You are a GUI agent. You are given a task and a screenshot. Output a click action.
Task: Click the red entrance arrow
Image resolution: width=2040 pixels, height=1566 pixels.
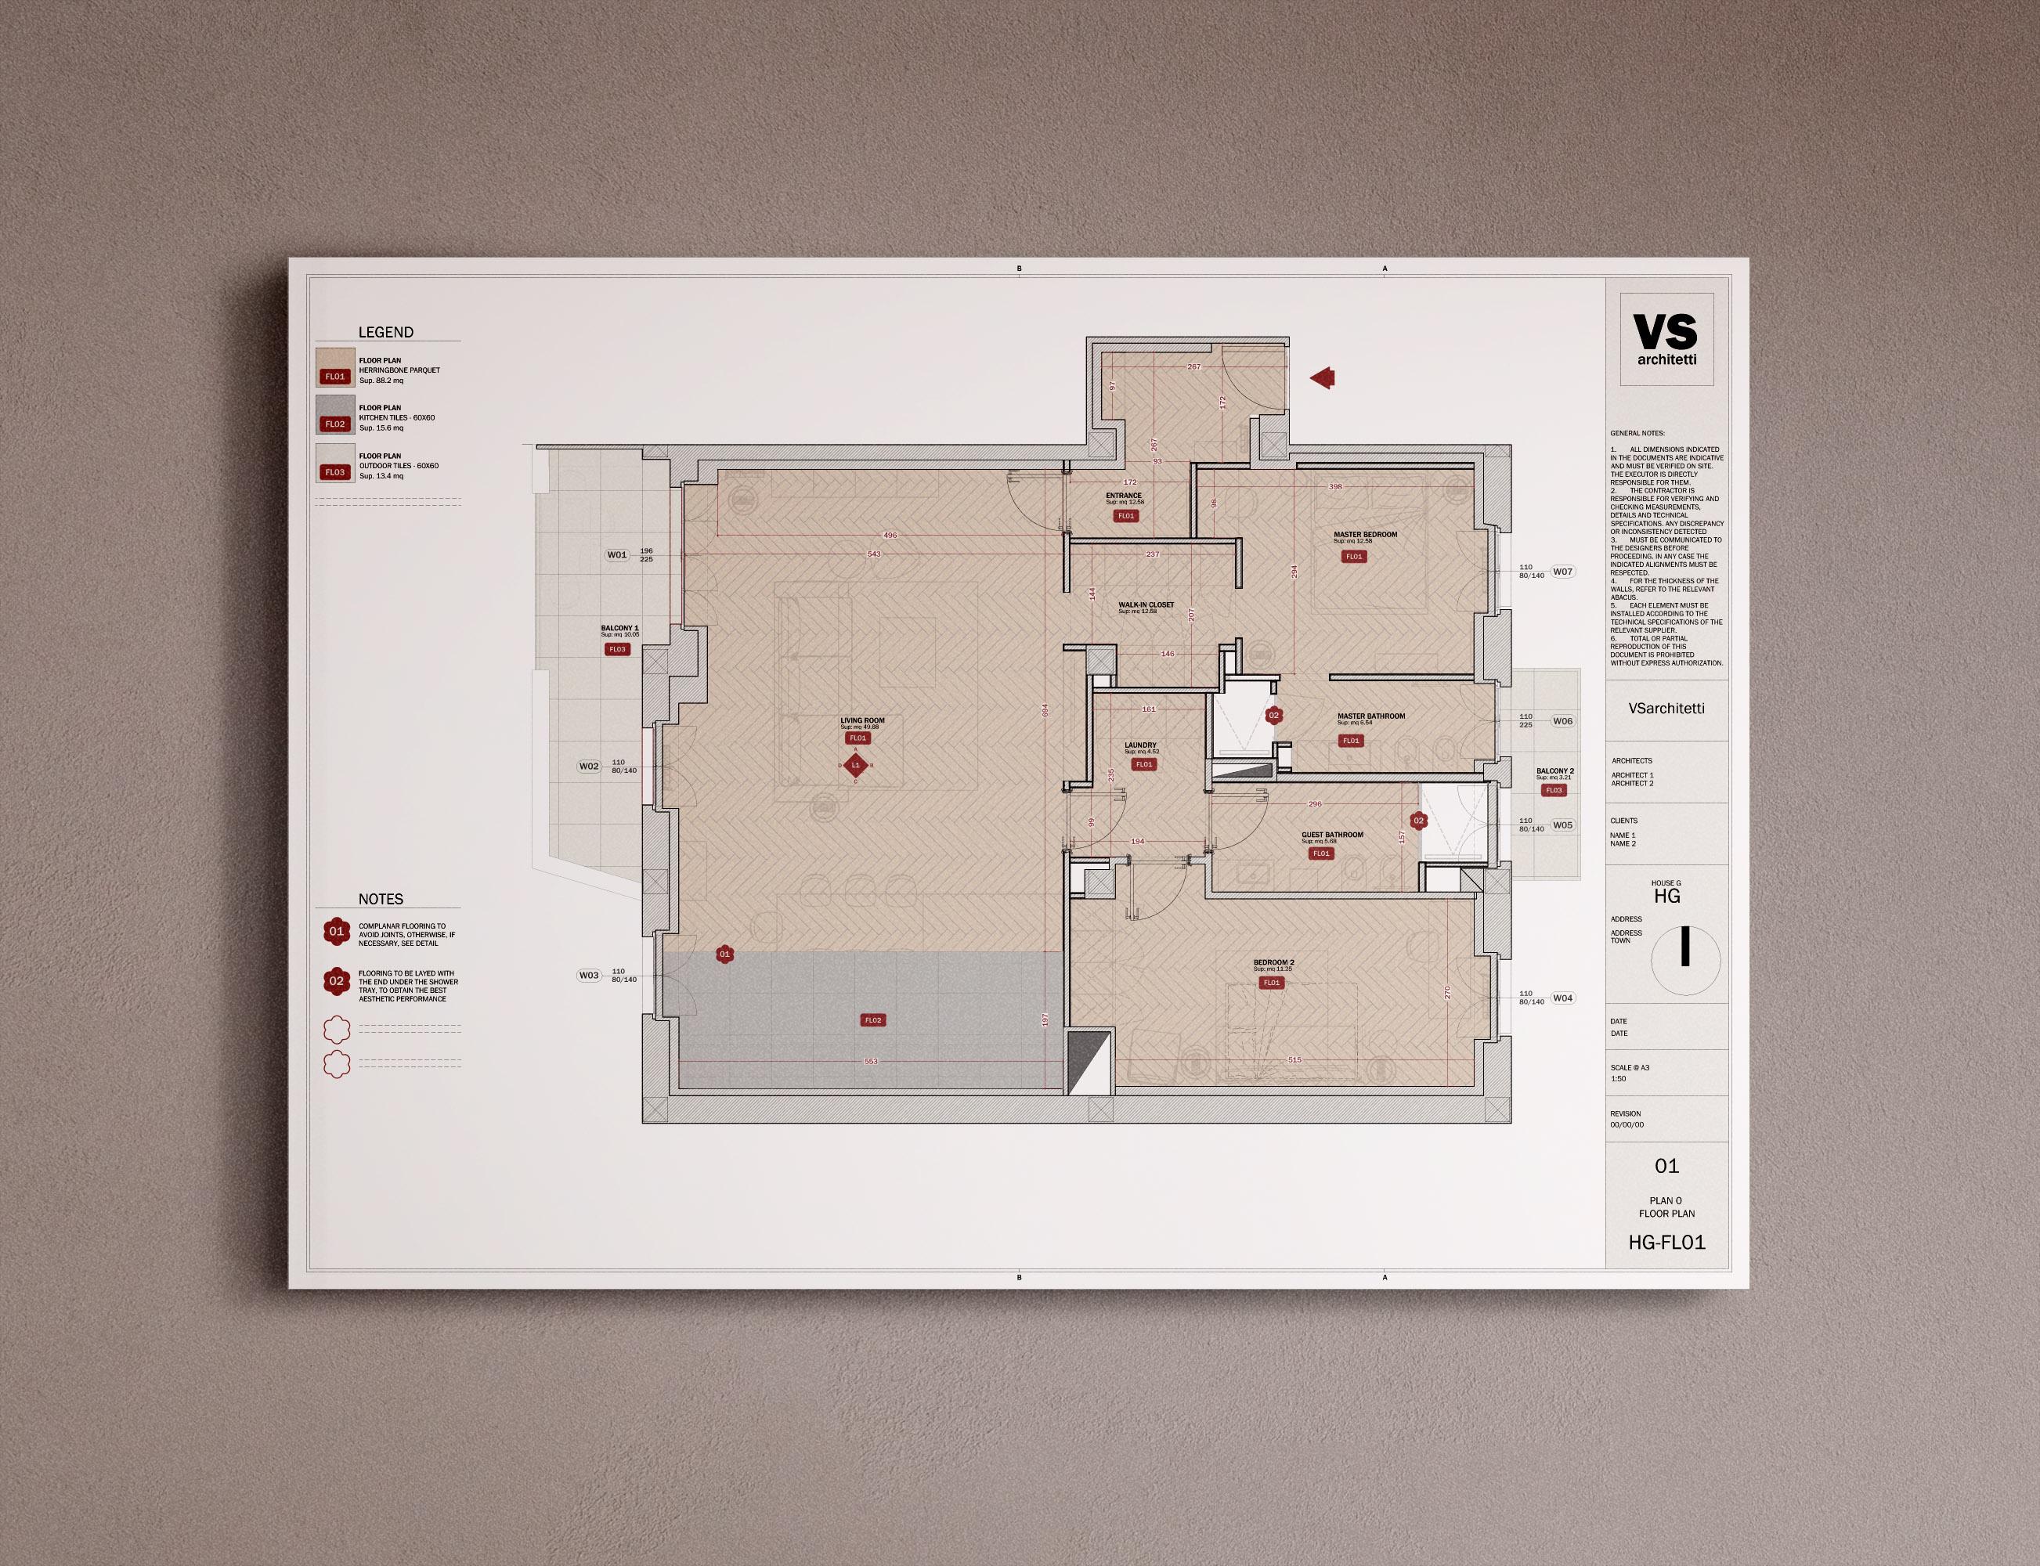tap(1323, 377)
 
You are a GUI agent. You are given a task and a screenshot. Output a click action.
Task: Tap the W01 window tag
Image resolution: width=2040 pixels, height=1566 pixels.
tap(617, 554)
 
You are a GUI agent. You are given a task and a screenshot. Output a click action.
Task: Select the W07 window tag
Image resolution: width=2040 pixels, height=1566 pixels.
tap(1562, 572)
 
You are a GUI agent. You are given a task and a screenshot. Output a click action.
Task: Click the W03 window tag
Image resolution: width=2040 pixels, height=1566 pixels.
tap(588, 975)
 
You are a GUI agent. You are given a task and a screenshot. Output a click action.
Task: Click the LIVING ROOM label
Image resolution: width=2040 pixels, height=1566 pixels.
tap(861, 720)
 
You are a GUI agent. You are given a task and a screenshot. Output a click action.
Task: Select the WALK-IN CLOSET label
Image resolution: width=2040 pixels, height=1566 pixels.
tap(1146, 605)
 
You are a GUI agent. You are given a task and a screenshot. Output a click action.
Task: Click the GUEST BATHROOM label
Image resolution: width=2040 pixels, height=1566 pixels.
tap(1331, 834)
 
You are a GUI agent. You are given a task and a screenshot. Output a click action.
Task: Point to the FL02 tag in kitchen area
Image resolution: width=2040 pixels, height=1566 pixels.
tap(872, 1019)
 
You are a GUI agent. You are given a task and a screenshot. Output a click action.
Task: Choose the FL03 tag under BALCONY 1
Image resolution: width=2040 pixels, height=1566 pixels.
tap(616, 649)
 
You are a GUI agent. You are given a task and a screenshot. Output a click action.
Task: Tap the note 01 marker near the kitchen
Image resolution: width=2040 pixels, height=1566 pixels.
tap(724, 954)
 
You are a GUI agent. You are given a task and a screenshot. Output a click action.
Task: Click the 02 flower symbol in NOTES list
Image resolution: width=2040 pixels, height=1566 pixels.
tap(337, 980)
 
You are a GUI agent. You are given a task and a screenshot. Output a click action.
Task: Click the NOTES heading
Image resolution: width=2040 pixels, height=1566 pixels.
tap(381, 899)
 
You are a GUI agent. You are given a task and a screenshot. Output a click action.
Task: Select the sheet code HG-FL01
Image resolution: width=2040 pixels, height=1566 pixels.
tap(1666, 1242)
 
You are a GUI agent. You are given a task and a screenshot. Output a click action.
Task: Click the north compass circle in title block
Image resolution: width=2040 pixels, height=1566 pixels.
tap(1684, 958)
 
